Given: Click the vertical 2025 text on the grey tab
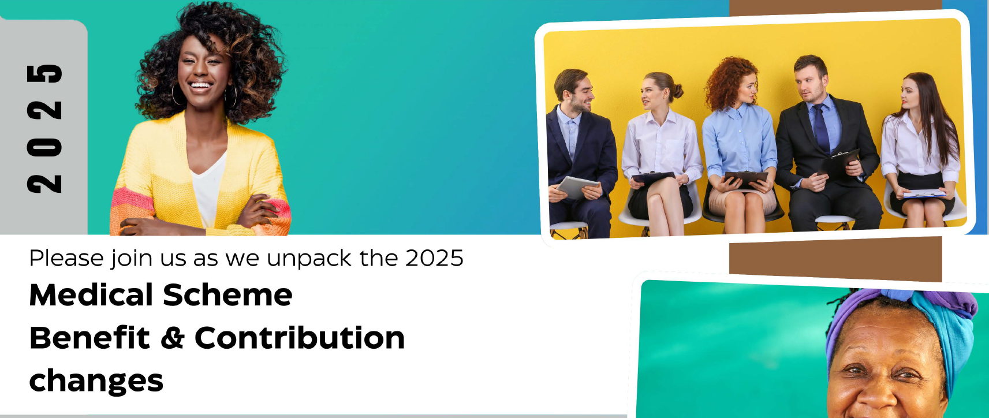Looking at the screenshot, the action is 44,129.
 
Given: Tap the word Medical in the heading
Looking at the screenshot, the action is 91,295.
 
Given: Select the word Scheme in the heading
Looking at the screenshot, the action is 228,295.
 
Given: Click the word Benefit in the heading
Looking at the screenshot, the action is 90,338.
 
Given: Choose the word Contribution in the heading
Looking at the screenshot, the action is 300,338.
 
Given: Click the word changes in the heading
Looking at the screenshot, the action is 96,381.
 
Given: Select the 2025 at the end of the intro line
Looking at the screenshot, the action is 434,258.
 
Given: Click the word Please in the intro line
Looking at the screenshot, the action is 66,258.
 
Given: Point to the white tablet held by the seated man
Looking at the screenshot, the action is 577,187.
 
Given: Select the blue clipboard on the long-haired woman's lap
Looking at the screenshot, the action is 924,193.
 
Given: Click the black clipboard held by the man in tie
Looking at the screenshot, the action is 838,163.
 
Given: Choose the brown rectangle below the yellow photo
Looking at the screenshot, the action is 835,259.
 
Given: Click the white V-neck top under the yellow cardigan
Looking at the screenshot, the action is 208,190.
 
